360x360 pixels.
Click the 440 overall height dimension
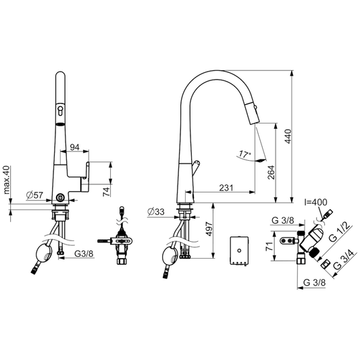pos(288,136)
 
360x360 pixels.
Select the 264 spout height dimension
pos(271,172)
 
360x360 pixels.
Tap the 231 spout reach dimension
pos(226,188)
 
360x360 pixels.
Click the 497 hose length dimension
pos(209,229)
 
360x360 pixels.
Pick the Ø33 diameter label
pos(156,211)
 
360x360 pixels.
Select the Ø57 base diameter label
pos(34,195)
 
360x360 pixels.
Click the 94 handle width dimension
pos(74,147)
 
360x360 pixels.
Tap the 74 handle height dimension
pos(106,192)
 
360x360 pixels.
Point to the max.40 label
pos(7,180)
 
